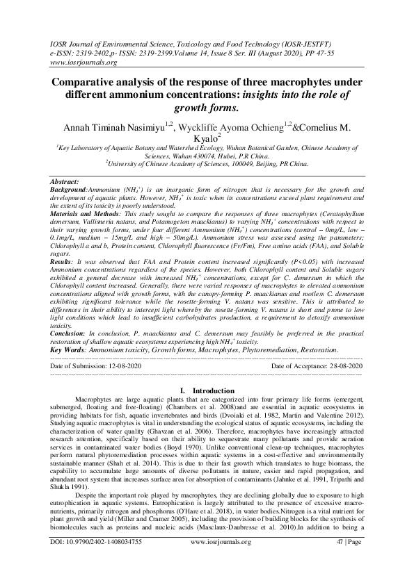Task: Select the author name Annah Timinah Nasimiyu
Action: (x=108, y=127)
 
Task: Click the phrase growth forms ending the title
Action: (x=205, y=108)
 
